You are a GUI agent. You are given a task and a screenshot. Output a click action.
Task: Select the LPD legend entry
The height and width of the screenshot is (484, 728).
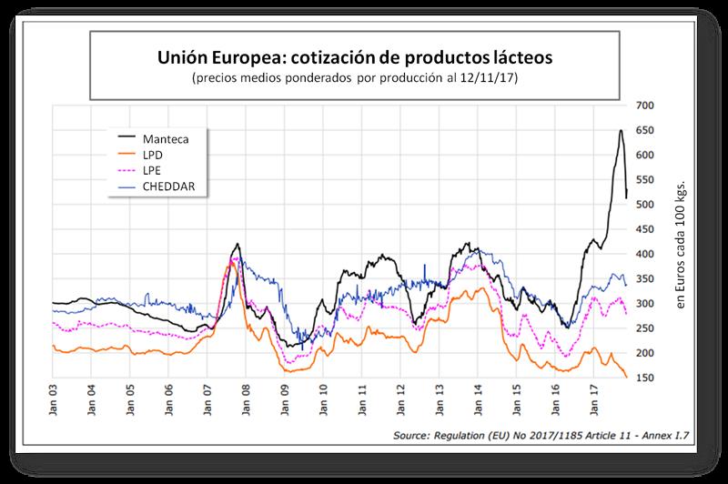point(152,155)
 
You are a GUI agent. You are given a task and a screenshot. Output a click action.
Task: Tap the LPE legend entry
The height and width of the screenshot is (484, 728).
point(152,171)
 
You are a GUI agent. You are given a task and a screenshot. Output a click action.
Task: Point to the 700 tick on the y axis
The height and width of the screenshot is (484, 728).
point(647,106)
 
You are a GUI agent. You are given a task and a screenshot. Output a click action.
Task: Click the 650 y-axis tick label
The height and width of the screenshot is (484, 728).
point(647,131)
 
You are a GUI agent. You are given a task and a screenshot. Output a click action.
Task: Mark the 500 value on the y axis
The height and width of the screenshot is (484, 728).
point(647,205)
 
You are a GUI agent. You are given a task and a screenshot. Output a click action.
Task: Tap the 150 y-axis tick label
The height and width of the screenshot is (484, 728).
point(647,378)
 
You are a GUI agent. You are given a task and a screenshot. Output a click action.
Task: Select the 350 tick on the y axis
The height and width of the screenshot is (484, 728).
point(647,279)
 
